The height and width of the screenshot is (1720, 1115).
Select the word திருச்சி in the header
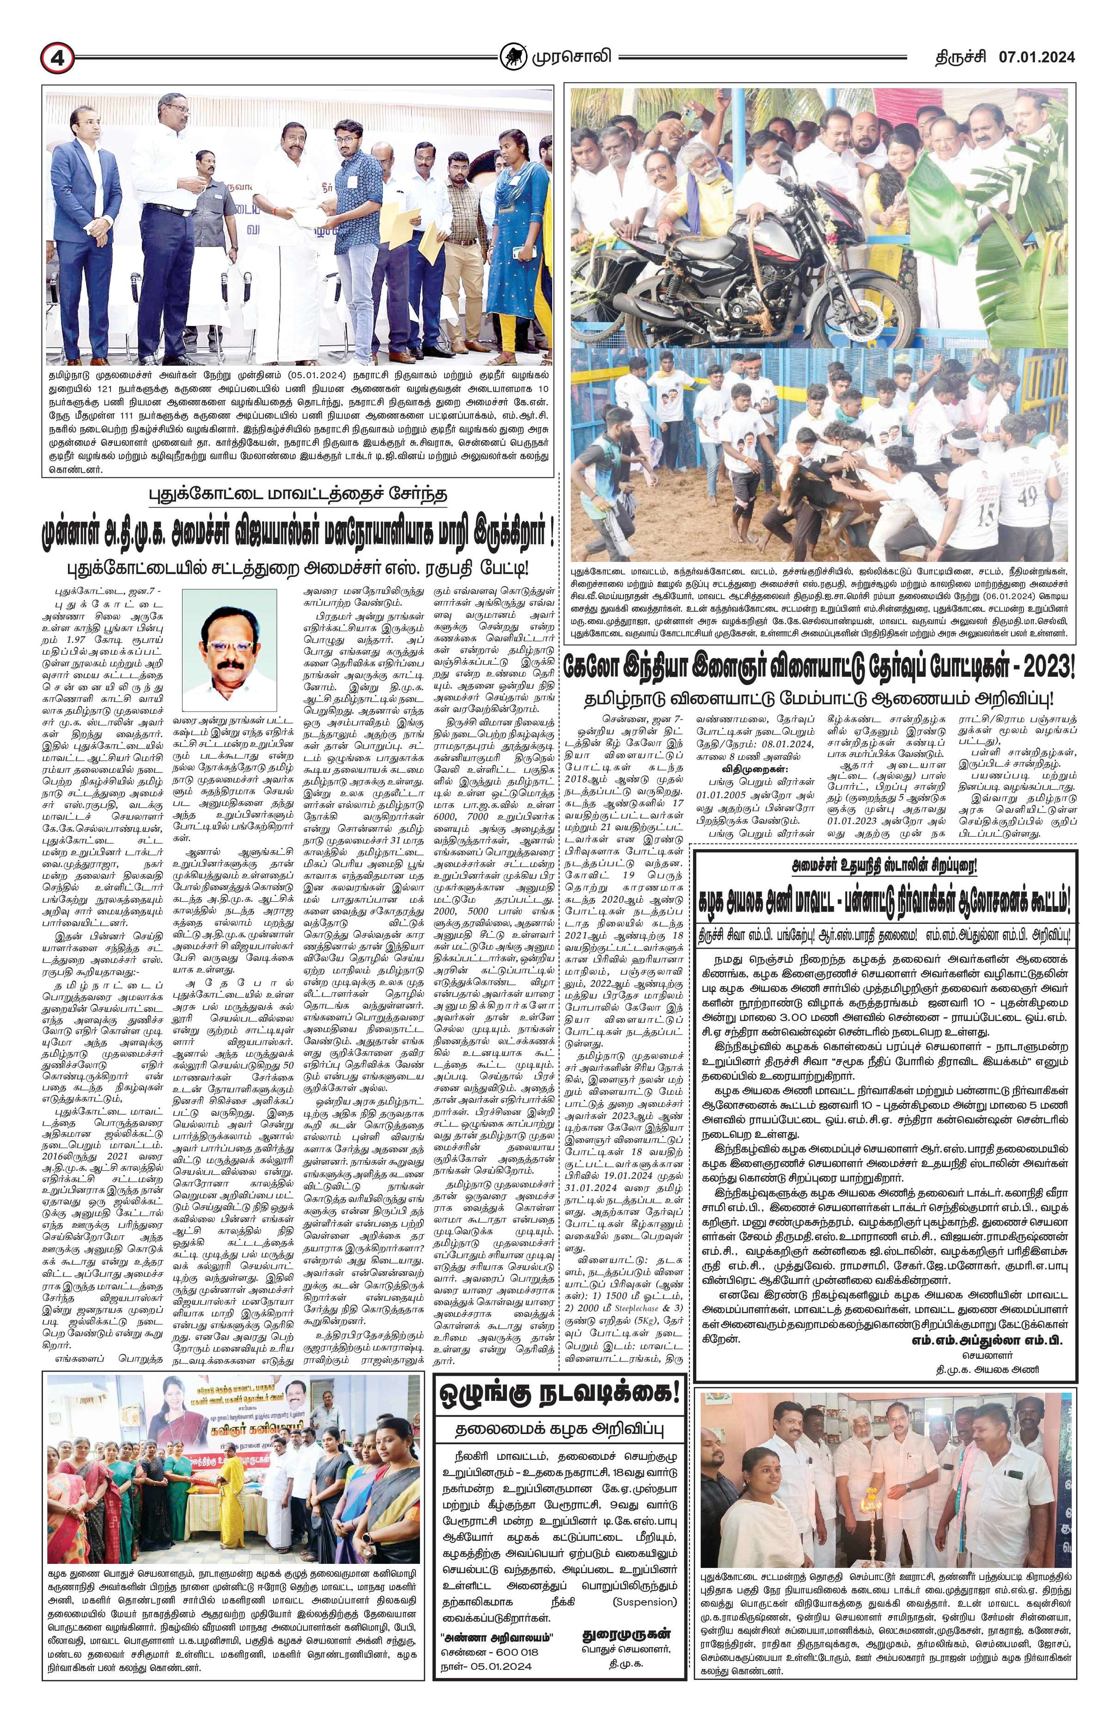(x=955, y=56)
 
